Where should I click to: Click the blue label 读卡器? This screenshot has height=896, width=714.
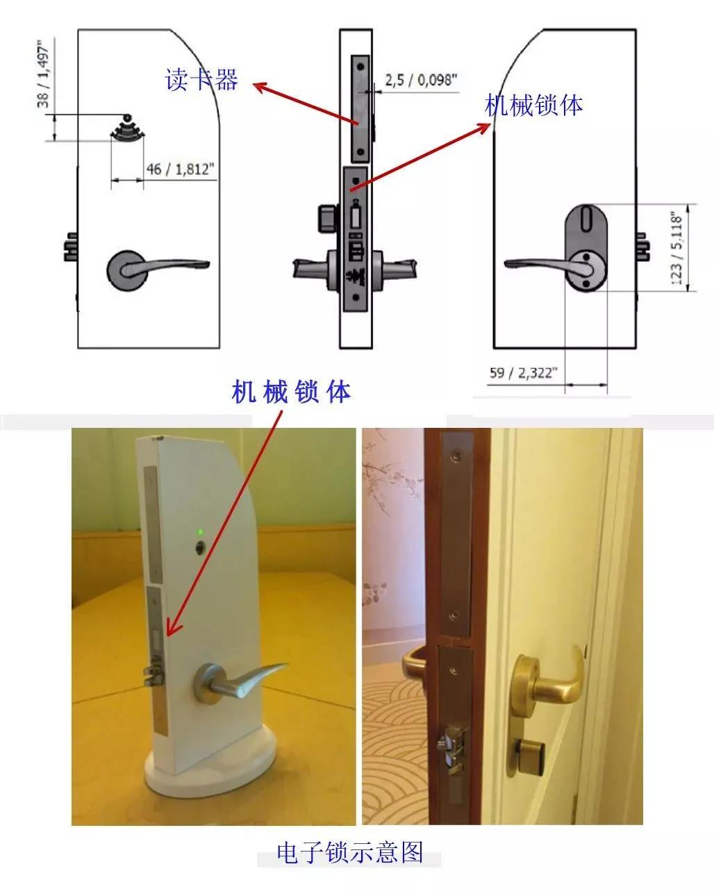[x=201, y=79]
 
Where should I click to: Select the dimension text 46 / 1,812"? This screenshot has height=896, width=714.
[x=181, y=169]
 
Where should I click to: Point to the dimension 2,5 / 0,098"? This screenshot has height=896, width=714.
[x=421, y=79]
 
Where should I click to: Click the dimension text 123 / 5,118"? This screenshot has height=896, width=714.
[x=677, y=248]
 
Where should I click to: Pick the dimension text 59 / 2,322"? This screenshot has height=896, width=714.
[x=523, y=372]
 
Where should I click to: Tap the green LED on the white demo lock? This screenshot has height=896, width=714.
[x=200, y=532]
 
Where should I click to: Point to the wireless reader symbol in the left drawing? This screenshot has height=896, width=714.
[x=127, y=127]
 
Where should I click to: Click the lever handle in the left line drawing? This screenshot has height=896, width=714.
[x=157, y=267]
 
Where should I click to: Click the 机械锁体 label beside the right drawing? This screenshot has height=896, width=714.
[x=533, y=105]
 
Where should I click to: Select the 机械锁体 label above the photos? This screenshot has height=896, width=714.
[x=291, y=391]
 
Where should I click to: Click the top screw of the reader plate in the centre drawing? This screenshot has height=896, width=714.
[x=360, y=67]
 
